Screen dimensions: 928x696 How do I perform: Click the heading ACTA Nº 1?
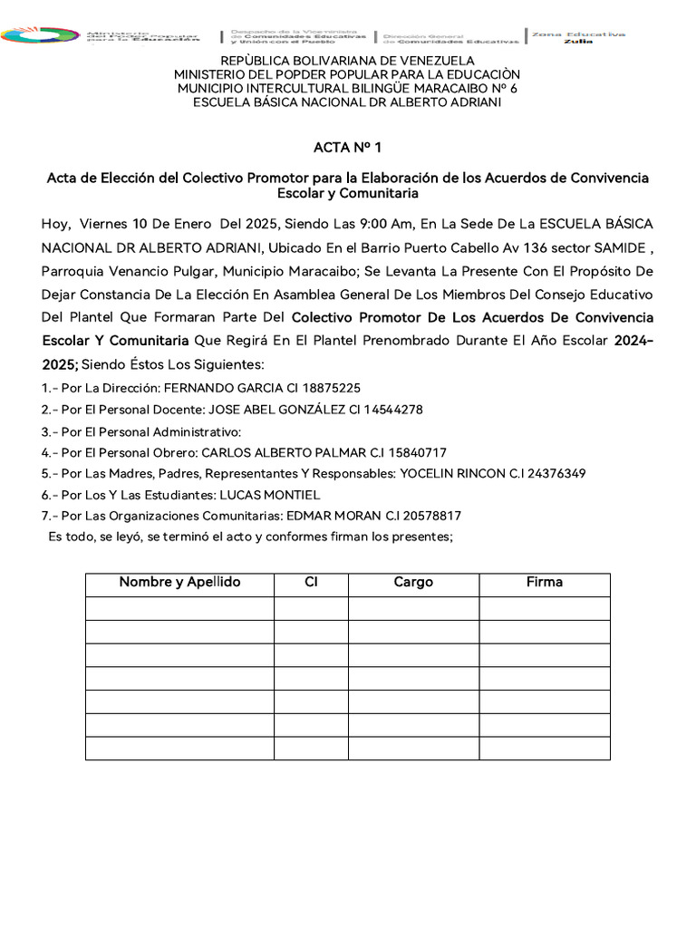click(x=347, y=147)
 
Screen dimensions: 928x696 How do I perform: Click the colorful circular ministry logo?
click(x=41, y=35)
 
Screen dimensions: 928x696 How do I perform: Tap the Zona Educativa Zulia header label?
click(x=578, y=36)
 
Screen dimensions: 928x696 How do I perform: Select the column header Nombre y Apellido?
click(x=179, y=583)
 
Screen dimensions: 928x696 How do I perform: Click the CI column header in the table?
click(x=311, y=583)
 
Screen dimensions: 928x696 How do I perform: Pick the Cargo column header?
click(x=413, y=583)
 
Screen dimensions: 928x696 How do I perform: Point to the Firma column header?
click(x=544, y=583)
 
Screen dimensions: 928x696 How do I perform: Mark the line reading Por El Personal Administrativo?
click(x=141, y=430)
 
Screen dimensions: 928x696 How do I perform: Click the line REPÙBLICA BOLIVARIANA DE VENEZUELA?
click(x=347, y=61)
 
